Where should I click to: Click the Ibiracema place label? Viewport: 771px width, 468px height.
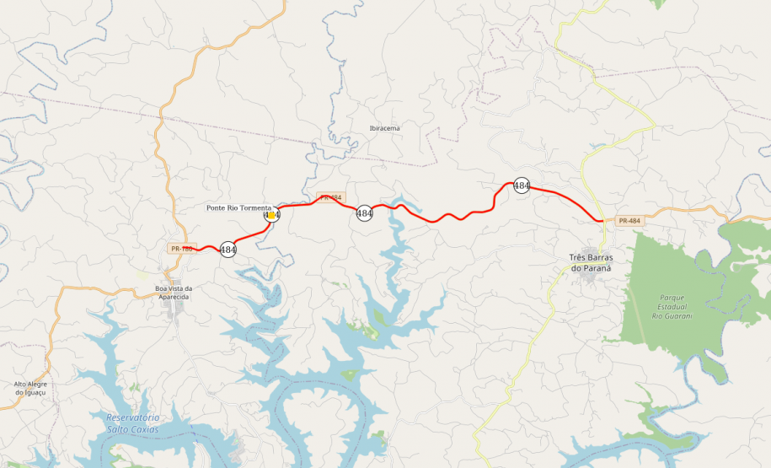(x=384, y=128)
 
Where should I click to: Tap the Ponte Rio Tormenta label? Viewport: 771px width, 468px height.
(x=239, y=207)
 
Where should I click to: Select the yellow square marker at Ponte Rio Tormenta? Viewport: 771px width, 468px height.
(x=271, y=215)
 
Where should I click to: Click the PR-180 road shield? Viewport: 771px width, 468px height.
(x=182, y=249)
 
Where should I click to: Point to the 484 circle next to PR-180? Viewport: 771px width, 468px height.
(x=228, y=250)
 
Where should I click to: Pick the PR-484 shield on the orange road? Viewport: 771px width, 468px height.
(x=629, y=221)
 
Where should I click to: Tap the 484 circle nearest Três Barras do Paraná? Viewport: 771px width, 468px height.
(x=522, y=186)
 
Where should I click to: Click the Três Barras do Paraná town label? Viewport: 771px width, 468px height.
(x=589, y=263)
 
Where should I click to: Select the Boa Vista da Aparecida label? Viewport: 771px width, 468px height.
(x=174, y=293)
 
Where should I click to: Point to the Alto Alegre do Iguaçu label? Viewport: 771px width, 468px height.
(x=30, y=388)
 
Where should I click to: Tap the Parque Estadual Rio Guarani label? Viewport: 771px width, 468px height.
(x=672, y=307)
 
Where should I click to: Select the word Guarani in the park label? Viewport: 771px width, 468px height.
(x=677, y=316)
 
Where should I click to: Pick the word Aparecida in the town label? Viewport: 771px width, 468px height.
(x=174, y=297)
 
